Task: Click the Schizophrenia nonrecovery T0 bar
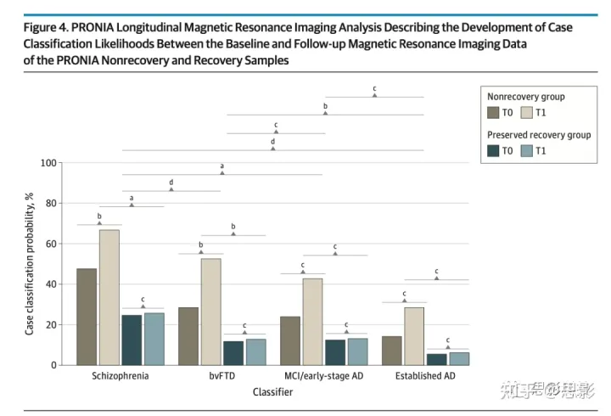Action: (87, 317)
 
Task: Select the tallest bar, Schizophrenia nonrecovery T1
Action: (109, 297)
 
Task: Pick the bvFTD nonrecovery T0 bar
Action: (188, 336)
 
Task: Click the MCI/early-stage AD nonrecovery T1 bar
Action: (312, 322)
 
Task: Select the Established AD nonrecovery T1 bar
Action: (414, 336)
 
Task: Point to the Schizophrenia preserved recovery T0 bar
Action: (132, 340)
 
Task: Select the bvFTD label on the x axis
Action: (221, 376)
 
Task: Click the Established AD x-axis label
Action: (425, 376)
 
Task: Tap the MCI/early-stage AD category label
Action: (323, 376)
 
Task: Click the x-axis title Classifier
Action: (272, 392)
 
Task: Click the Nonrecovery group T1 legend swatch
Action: (526, 113)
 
